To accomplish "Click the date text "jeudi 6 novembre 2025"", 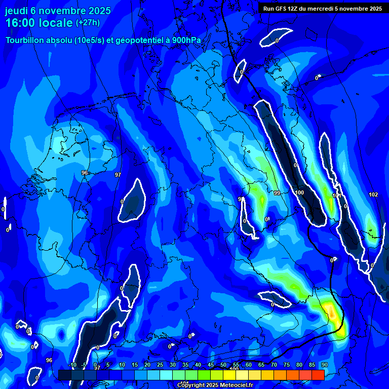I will [58, 11].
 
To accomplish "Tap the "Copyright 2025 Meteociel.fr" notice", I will [215, 385].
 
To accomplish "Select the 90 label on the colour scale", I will [324, 365].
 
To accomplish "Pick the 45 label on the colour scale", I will [211, 365].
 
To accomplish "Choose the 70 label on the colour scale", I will [274, 365].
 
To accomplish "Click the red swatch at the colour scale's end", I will [318, 375].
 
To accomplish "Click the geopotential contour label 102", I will [373, 194].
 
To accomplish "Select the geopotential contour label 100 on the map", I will [299, 192].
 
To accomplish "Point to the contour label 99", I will [277, 193].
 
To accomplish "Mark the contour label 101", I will [336, 196].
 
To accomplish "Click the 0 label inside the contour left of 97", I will [122, 202].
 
